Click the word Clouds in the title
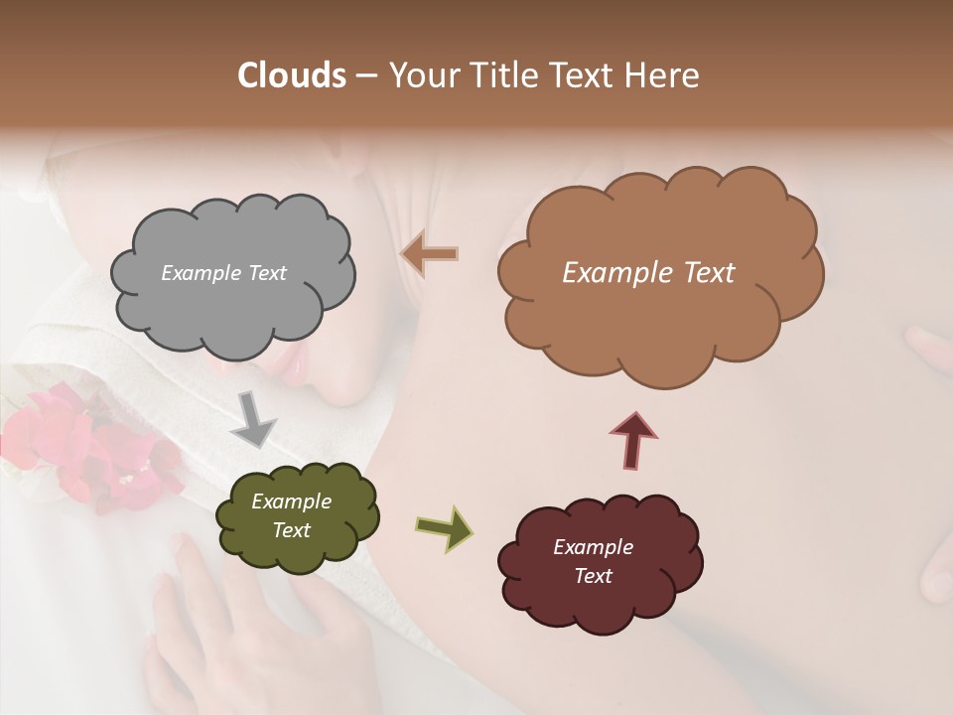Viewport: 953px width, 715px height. [x=291, y=75]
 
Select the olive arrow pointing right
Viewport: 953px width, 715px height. [x=444, y=527]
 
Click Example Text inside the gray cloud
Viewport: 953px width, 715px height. [x=223, y=273]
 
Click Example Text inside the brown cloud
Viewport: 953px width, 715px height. [x=648, y=273]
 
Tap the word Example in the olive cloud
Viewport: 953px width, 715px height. [x=291, y=501]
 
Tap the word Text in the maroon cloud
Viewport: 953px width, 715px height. [x=593, y=576]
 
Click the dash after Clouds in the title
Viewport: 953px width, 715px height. [x=366, y=76]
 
